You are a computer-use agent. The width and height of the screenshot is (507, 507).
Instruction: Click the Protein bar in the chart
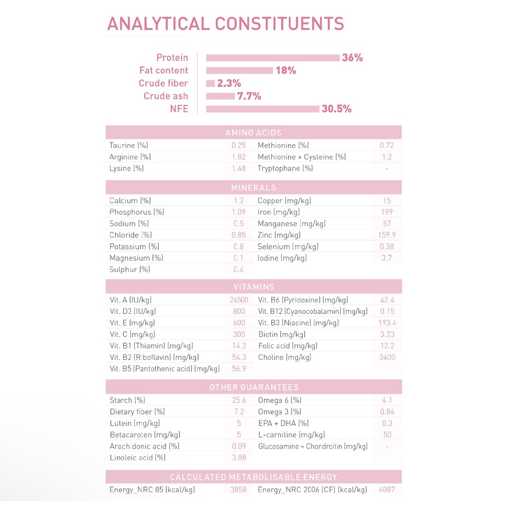click(x=272, y=58)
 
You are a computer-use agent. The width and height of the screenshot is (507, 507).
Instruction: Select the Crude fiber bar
click(x=210, y=83)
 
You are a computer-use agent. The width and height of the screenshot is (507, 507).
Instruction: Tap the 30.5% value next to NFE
click(x=337, y=109)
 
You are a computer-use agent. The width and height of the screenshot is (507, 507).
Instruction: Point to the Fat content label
click(x=163, y=70)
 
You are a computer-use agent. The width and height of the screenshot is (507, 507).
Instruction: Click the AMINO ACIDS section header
click(x=253, y=133)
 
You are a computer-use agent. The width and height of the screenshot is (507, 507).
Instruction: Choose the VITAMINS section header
click(x=253, y=287)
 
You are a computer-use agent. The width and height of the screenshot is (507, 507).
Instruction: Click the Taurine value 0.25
click(x=239, y=146)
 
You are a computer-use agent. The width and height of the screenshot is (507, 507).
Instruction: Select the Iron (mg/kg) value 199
click(x=387, y=212)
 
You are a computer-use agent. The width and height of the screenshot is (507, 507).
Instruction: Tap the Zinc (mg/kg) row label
click(x=279, y=235)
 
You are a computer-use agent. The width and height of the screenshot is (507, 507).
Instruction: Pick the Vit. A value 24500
click(x=239, y=300)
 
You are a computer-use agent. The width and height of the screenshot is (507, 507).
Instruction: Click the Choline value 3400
click(x=387, y=357)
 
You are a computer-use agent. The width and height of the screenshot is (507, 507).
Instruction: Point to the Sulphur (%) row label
click(x=129, y=270)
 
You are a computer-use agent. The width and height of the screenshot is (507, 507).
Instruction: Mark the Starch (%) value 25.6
click(x=239, y=401)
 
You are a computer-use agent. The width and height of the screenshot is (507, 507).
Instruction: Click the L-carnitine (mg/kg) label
click(x=291, y=435)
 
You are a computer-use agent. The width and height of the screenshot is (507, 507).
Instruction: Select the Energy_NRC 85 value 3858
click(x=238, y=490)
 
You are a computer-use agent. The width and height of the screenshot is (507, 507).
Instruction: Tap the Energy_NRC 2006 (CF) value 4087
click(x=387, y=490)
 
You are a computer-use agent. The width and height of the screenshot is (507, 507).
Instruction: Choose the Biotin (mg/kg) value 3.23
click(x=387, y=335)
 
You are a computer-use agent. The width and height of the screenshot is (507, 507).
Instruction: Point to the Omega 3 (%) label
click(x=279, y=412)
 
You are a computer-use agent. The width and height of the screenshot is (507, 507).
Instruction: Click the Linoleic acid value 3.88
click(x=239, y=458)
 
